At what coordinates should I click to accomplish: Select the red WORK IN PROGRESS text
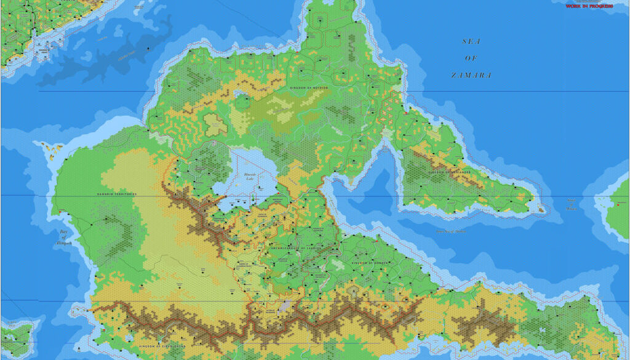(589, 6)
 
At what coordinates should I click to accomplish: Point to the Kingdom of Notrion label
(309, 88)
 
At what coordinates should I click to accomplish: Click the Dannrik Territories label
(117, 194)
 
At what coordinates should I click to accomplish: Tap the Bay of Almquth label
(66, 238)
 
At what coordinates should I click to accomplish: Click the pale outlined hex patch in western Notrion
(215, 124)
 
